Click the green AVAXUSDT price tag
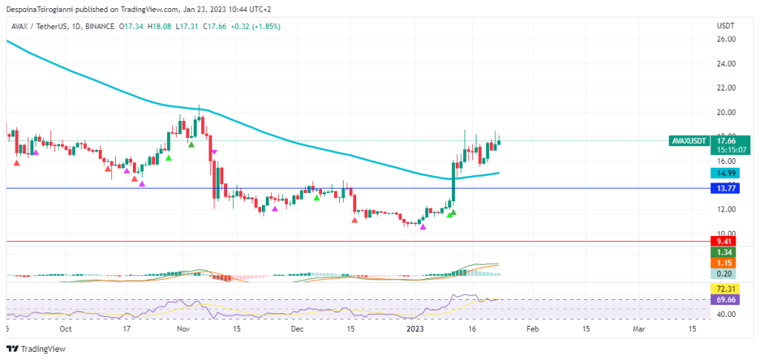tap(687, 140)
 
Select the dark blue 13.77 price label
tap(724, 189)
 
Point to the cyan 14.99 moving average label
tap(724, 173)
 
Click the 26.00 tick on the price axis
tap(725, 39)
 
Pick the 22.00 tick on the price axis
tap(725, 88)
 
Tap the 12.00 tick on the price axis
tap(725, 209)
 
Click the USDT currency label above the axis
tap(725, 26)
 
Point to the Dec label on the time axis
tap(297, 328)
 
